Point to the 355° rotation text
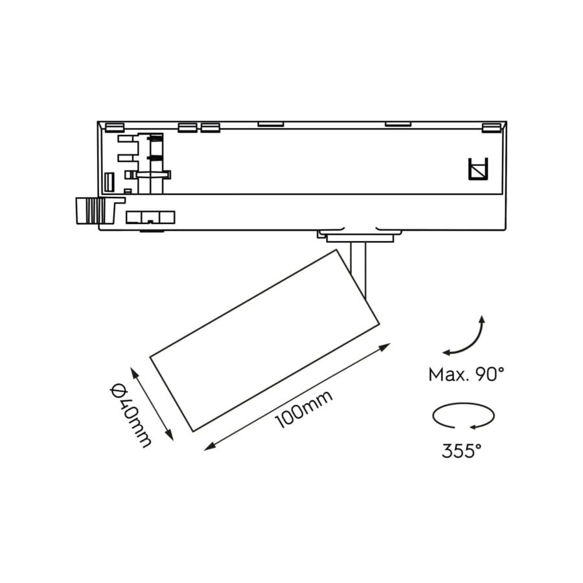pos(462,451)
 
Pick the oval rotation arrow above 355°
pos(463,416)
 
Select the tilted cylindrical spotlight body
pos(264,340)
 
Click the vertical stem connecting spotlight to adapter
pos(359,266)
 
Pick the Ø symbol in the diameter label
pos(117,391)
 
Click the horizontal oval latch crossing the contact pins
pos(154,174)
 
